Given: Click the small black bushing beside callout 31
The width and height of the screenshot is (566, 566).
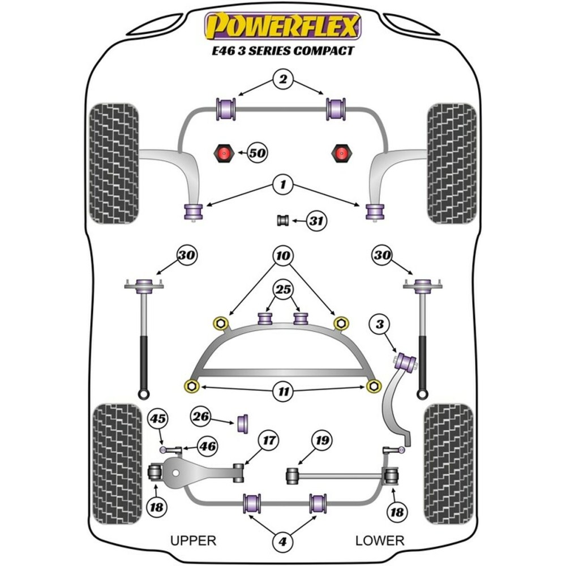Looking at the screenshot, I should (x=283, y=220).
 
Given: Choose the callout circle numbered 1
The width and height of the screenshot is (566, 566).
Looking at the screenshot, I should (x=282, y=183).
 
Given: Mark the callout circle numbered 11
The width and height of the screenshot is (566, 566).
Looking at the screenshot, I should (x=283, y=390).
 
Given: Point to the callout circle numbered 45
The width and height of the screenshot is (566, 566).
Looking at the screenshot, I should (x=158, y=419).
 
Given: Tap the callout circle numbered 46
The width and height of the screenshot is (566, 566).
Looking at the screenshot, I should (x=207, y=446).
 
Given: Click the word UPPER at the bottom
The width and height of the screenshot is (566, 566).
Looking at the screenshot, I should (x=193, y=541).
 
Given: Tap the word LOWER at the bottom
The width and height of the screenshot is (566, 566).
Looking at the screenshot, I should (x=380, y=541).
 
